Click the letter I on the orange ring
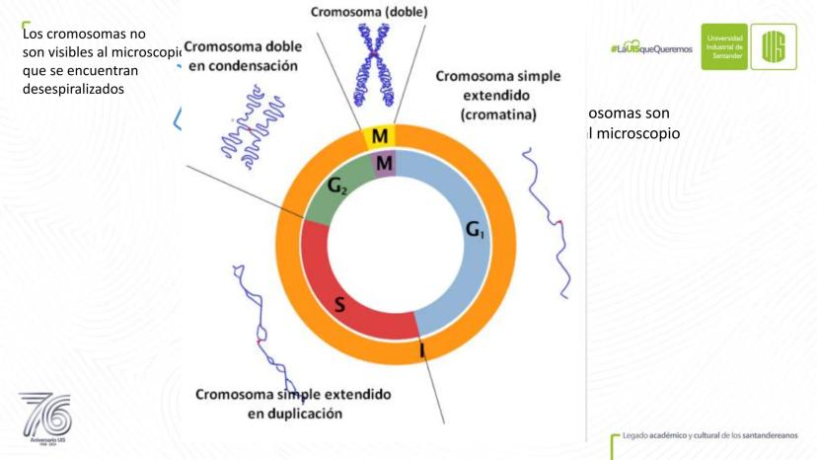coord(421,348)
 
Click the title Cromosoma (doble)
coord(369,12)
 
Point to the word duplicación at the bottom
coord(295,413)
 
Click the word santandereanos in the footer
coord(771,435)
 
